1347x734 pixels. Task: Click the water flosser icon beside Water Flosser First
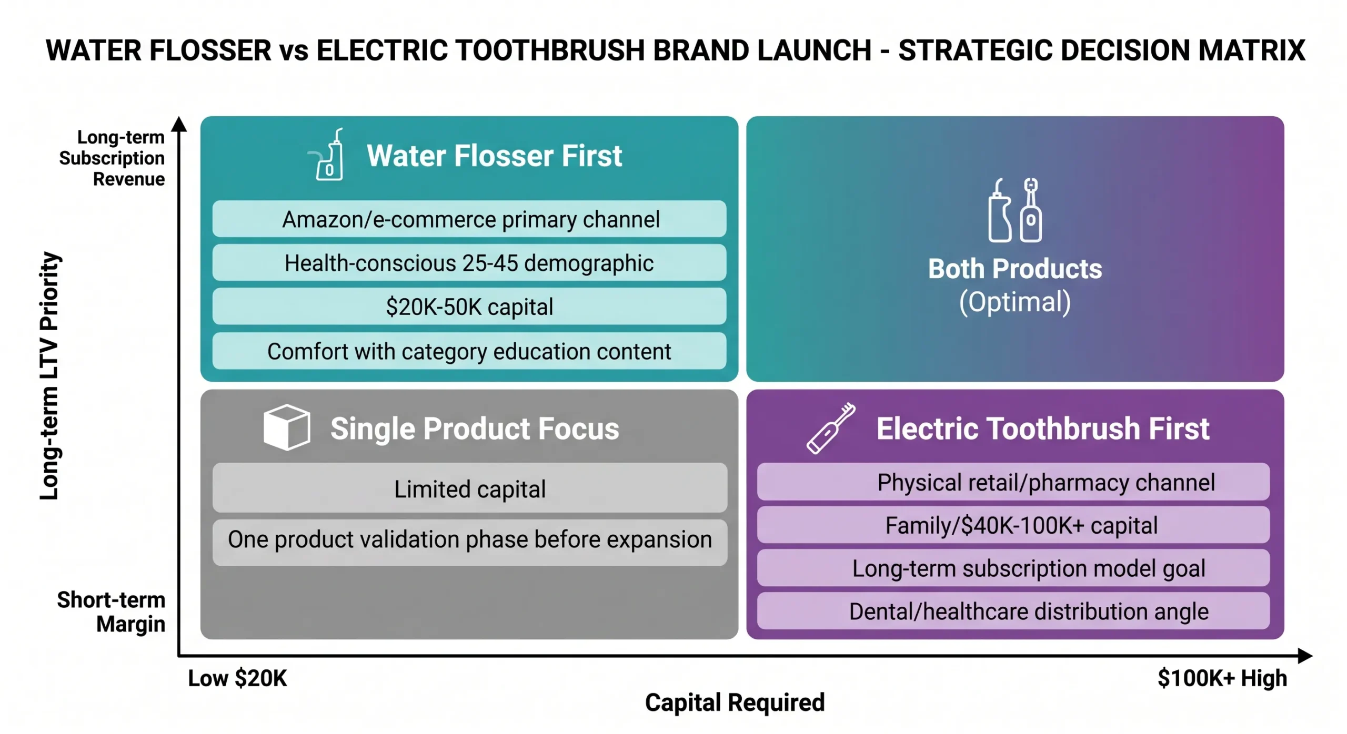click(x=328, y=155)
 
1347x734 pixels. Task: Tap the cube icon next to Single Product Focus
click(x=286, y=427)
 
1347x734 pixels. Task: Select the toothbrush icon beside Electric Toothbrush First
click(x=830, y=428)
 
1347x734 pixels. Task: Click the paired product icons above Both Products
click(x=1014, y=210)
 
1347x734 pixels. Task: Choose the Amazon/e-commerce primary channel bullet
click(x=469, y=219)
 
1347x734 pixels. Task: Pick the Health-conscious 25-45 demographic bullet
click(x=469, y=262)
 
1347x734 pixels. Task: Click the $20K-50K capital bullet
click(x=469, y=306)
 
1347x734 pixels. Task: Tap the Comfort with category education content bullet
click(x=469, y=351)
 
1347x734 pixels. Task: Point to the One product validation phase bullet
click(x=469, y=539)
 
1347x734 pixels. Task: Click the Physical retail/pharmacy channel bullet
click(x=1012, y=482)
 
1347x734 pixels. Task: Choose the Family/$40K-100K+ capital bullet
click(x=1012, y=525)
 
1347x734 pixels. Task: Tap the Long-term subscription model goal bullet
click(x=1012, y=568)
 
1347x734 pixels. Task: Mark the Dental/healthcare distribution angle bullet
click(x=1012, y=611)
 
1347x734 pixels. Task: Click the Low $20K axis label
click(x=237, y=678)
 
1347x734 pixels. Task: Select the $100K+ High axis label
click(x=1221, y=678)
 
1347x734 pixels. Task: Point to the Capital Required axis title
click(x=735, y=702)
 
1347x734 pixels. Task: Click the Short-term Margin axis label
click(x=111, y=611)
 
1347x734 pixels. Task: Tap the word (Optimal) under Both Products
click(x=1014, y=302)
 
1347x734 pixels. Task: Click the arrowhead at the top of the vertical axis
click(x=179, y=124)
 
